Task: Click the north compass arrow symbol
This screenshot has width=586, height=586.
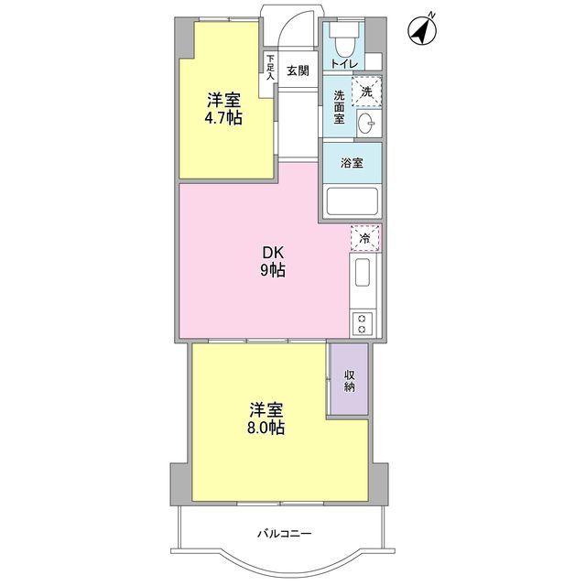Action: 420,31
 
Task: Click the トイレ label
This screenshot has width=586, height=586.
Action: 344,64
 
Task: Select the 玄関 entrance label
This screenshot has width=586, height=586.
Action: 297,71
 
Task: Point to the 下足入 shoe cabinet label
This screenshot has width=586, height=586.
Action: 270,68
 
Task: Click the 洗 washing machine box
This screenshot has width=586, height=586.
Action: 367,91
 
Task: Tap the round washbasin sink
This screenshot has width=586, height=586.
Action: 367,124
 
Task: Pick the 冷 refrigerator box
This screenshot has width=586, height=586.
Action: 364,238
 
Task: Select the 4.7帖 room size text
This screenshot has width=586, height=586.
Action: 224,119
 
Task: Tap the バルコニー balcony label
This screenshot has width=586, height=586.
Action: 284,531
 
